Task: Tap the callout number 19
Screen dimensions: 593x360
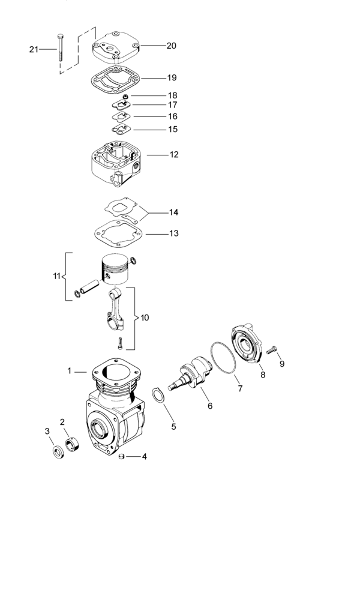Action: [172, 78]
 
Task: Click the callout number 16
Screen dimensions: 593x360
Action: [172, 116]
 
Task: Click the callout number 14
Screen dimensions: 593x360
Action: [173, 212]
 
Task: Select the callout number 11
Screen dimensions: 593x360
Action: [57, 276]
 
